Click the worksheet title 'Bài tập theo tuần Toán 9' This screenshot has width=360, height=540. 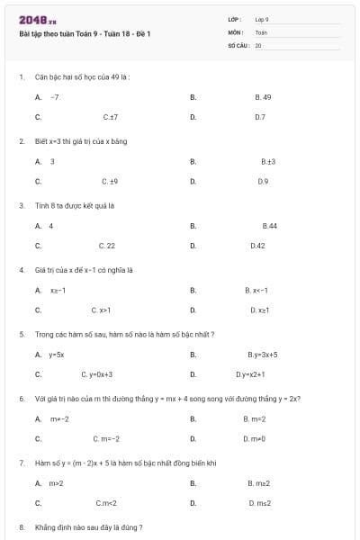point(85,33)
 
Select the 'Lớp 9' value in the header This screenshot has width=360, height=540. point(262,19)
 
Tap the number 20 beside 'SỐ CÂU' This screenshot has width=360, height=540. point(258,44)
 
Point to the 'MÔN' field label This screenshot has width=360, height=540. point(236,31)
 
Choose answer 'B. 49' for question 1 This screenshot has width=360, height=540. point(263,96)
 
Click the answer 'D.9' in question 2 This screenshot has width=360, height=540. point(263,182)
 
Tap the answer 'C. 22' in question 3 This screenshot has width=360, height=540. point(106,246)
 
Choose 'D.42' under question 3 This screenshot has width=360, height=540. point(257,246)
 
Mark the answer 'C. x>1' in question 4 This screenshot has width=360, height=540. point(101,310)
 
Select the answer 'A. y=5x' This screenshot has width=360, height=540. point(57,355)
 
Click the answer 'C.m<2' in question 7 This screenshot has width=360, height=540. point(106,504)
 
